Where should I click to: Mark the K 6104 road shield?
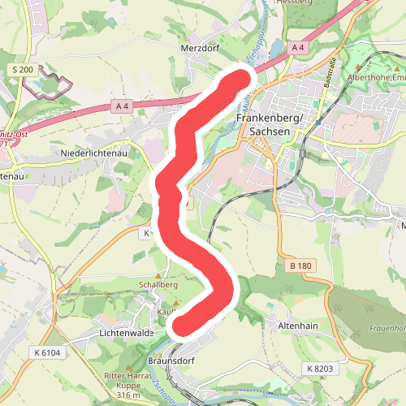click(48, 352)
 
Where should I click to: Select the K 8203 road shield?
click(320, 369)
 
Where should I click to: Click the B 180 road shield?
click(300, 266)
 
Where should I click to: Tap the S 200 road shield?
click(23, 71)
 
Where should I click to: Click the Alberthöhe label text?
click(375, 77)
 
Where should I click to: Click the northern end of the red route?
click(243, 78)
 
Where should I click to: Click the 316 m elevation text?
click(129, 395)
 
